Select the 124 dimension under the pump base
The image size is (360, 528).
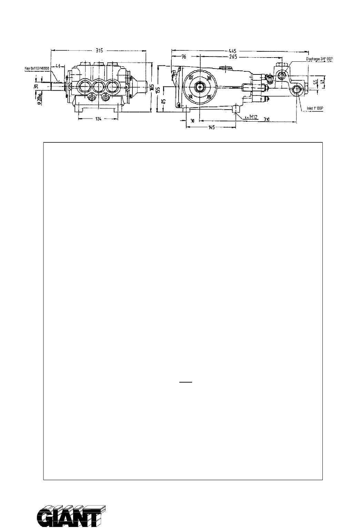point(99,119)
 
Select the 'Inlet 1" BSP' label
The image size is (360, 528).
point(315,109)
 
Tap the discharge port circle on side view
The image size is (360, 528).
point(283,75)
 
